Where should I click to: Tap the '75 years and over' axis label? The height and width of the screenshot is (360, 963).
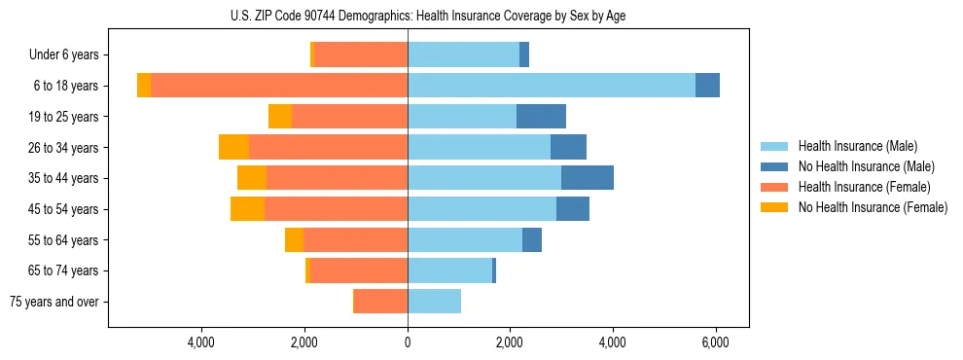coord(54,302)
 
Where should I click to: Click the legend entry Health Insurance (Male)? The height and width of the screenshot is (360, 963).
coord(857,146)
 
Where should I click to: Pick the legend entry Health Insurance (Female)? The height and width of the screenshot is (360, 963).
coord(864,187)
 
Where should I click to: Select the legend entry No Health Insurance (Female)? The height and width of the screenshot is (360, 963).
coord(873,207)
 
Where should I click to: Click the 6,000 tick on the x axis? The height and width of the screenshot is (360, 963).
coord(716,342)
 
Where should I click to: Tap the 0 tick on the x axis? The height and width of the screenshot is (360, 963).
coord(408,342)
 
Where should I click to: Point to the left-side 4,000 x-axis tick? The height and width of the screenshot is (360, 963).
coord(201,342)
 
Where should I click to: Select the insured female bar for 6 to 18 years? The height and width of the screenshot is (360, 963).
coord(279,86)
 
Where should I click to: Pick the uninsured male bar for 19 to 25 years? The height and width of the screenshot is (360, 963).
coord(541,117)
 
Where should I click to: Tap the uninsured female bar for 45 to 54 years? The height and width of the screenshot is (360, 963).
coord(247,209)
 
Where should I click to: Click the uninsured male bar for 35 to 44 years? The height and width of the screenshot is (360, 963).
coord(588,178)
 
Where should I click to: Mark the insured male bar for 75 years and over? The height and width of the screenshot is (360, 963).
coord(434,302)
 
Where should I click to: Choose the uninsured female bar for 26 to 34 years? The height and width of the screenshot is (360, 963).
coord(233,147)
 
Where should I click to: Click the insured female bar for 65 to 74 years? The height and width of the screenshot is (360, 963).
coord(359,270)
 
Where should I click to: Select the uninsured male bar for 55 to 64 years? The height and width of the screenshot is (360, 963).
coord(532,240)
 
